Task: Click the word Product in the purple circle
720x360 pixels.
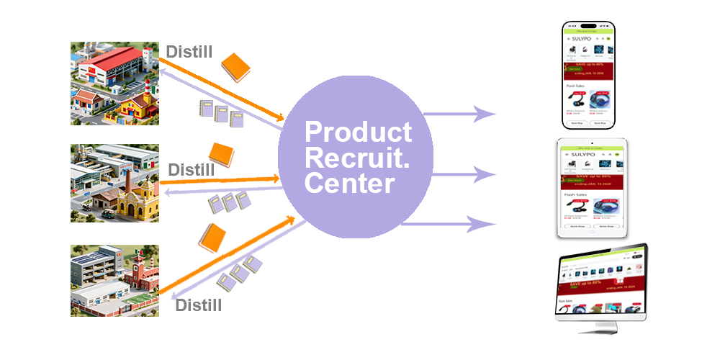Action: click(359, 132)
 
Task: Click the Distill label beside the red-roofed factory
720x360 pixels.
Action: click(190, 52)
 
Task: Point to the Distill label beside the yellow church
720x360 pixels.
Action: click(192, 170)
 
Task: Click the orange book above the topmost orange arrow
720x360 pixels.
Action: click(235, 67)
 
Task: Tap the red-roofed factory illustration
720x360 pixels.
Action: click(114, 83)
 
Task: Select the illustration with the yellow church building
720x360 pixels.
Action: click(114, 183)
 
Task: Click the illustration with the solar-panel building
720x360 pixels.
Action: click(114, 281)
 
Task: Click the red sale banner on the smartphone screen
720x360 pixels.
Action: click(590, 71)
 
